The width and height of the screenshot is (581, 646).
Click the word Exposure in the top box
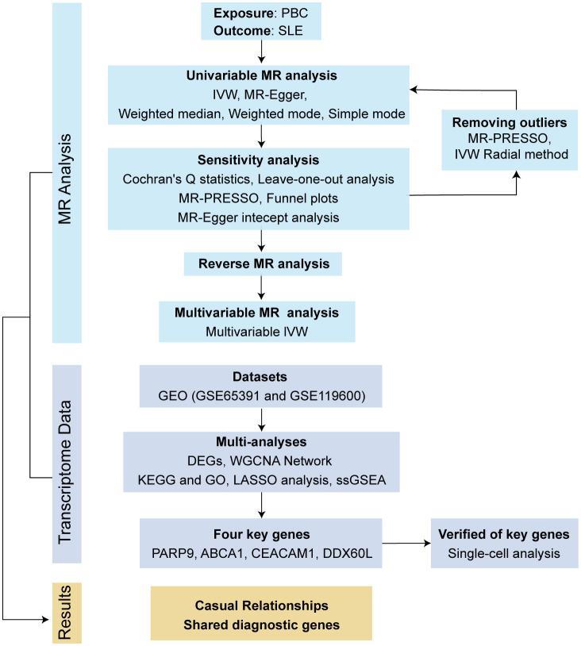(x=244, y=13)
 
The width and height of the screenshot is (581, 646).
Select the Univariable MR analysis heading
(x=262, y=76)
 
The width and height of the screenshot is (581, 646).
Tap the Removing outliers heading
(x=510, y=122)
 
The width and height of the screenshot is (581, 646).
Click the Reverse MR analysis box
(x=263, y=264)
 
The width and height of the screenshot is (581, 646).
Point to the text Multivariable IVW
(x=256, y=332)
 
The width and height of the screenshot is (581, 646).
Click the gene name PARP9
(x=174, y=553)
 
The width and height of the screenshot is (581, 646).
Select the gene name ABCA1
(x=222, y=553)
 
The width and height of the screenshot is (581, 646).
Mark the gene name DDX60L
(x=348, y=553)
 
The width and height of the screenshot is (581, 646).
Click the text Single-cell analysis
(x=504, y=553)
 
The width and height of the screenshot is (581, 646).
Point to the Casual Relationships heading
(x=262, y=606)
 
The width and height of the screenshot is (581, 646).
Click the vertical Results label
(x=65, y=613)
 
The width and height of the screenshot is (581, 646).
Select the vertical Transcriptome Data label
(x=65, y=472)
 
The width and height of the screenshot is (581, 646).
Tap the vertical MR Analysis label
(x=65, y=179)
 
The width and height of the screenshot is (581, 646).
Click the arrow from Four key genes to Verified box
(x=406, y=544)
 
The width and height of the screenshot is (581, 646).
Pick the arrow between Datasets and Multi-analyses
(x=261, y=419)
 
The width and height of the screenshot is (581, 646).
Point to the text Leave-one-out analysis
(x=326, y=179)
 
